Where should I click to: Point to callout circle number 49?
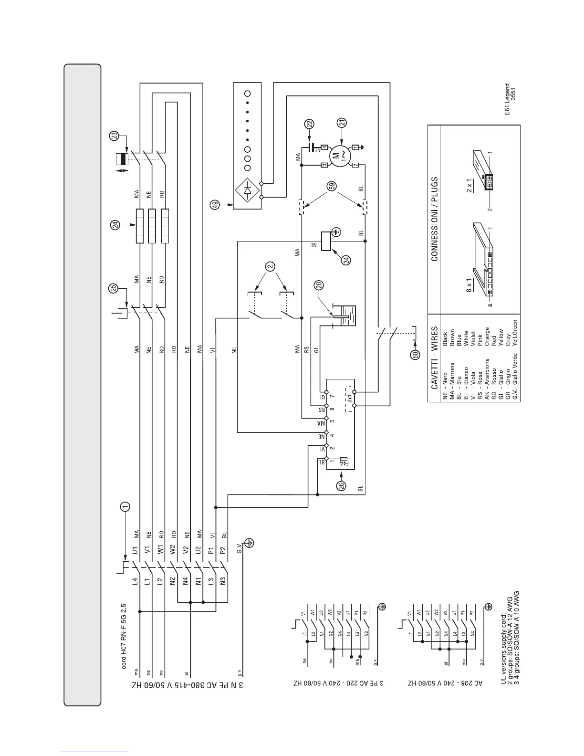click(215, 205)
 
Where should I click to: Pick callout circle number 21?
click(342, 123)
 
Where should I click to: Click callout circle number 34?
click(346, 261)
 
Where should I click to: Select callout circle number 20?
click(319, 285)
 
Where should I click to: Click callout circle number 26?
click(341, 486)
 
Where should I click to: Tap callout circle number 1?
click(125, 506)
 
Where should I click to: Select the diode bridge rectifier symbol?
click(247, 190)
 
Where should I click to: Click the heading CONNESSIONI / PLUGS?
click(434, 220)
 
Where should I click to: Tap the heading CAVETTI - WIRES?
click(434, 358)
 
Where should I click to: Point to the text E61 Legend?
click(507, 99)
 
